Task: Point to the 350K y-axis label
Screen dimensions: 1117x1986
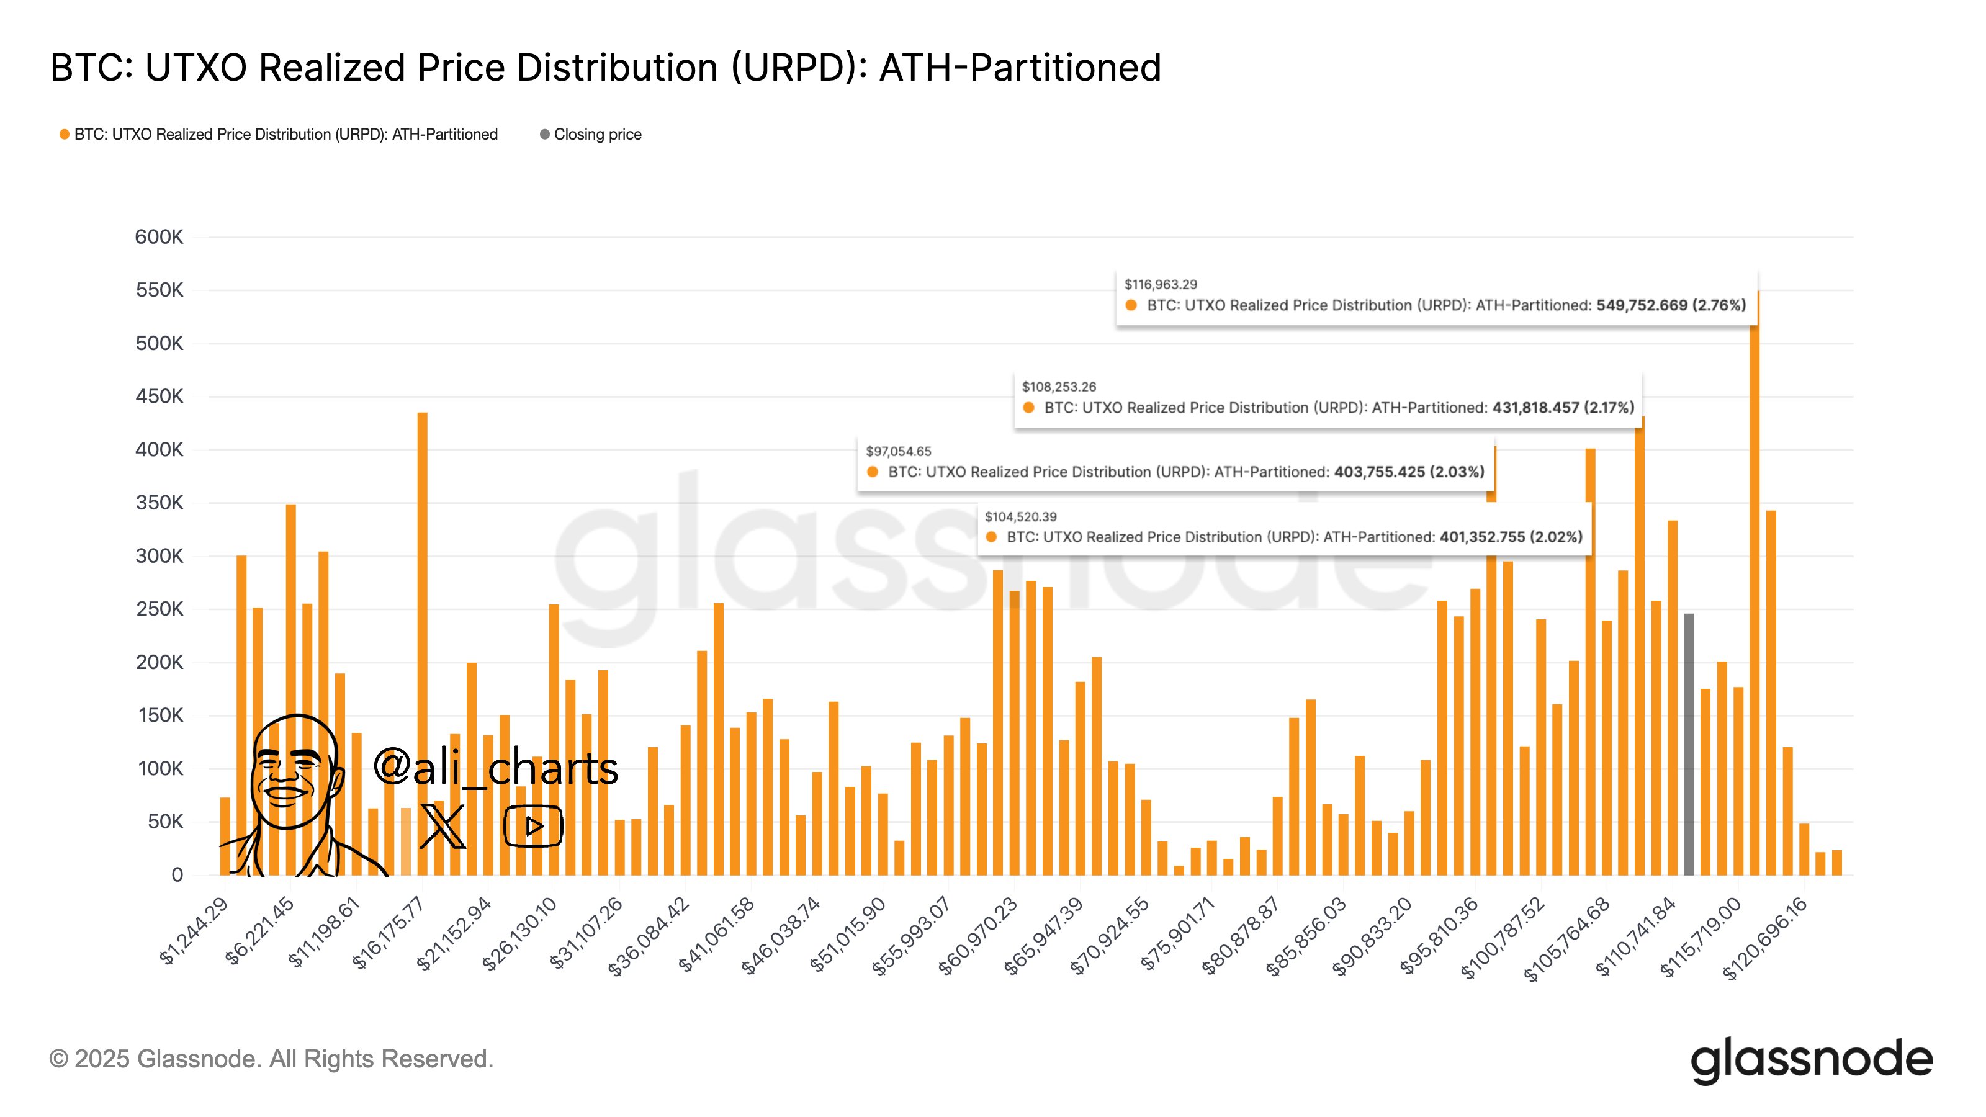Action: click(159, 503)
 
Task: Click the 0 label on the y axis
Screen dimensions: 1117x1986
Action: click(177, 875)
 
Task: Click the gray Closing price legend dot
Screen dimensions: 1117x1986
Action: click(544, 134)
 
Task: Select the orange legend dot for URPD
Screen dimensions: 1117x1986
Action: click(65, 134)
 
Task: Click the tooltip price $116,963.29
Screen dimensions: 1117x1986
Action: click(1161, 284)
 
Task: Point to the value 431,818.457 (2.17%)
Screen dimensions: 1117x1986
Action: click(1563, 408)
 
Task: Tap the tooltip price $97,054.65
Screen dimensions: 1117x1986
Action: click(898, 451)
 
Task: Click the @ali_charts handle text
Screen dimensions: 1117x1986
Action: click(495, 768)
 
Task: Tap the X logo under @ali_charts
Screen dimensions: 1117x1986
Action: click(443, 825)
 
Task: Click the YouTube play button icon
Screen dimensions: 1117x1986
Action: click(532, 825)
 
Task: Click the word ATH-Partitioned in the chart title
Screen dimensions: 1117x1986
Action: click(1020, 68)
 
